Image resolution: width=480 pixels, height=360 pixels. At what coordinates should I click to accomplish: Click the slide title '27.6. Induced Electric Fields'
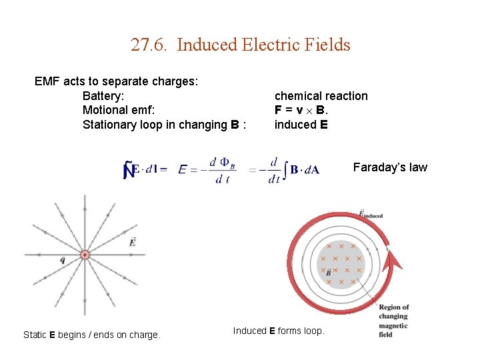coord(240,45)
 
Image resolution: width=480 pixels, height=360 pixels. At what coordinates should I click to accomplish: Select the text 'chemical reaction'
coord(321,96)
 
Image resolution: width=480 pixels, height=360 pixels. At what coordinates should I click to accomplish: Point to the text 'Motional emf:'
coord(118,110)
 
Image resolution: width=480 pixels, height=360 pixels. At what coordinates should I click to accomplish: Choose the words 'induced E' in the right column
coord(301,125)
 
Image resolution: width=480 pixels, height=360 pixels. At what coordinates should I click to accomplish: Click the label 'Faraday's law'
coord(390,167)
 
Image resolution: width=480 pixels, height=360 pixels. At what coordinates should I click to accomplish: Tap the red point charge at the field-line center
coord(85,255)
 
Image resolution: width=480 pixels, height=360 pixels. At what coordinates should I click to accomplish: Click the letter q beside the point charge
coord(62,261)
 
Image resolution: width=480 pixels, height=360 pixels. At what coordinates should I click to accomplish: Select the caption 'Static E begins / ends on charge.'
coord(92,335)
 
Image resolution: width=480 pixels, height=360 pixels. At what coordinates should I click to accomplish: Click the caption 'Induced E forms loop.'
coord(279,331)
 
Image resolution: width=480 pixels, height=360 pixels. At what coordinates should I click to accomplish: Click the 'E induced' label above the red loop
coord(370,215)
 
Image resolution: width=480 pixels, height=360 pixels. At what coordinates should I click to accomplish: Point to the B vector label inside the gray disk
coord(328,273)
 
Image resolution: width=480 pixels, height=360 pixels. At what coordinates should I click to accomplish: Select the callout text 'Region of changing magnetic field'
coord(393,321)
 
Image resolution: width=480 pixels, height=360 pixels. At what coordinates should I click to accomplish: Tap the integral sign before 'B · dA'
coord(285,170)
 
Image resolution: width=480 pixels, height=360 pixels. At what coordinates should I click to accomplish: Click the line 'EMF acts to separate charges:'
coord(116,81)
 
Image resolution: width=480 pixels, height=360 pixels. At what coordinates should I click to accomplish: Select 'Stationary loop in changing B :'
coord(164,125)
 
